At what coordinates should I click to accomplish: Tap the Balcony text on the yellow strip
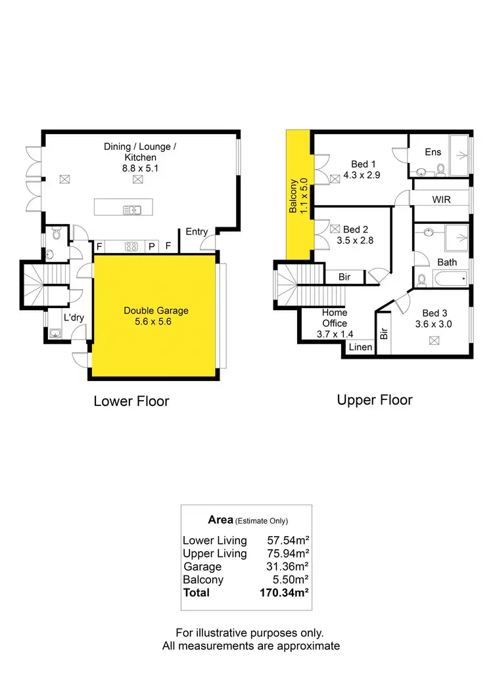pos(294,196)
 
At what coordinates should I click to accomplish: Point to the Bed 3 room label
pos(434,313)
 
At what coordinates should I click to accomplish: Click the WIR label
pos(441,199)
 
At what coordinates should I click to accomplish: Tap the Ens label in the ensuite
pos(433,152)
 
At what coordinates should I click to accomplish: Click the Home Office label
pos(334,318)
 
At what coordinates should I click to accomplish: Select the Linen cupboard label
pos(360,347)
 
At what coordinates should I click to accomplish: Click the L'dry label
pos(74,318)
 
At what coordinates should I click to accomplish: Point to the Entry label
pos(197,231)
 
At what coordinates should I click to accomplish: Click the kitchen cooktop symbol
pos(131,247)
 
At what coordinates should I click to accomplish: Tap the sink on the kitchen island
pos(133,210)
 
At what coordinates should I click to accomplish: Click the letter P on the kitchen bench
pos(151,247)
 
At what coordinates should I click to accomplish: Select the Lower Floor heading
pos(131,401)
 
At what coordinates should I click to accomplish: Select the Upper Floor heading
pos(375,399)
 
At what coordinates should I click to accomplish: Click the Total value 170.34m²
pos(285,593)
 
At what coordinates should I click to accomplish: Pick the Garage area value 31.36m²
pos(289,566)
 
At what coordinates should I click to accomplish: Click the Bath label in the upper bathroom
pos(447,262)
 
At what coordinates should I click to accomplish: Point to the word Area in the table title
pos(220,520)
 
